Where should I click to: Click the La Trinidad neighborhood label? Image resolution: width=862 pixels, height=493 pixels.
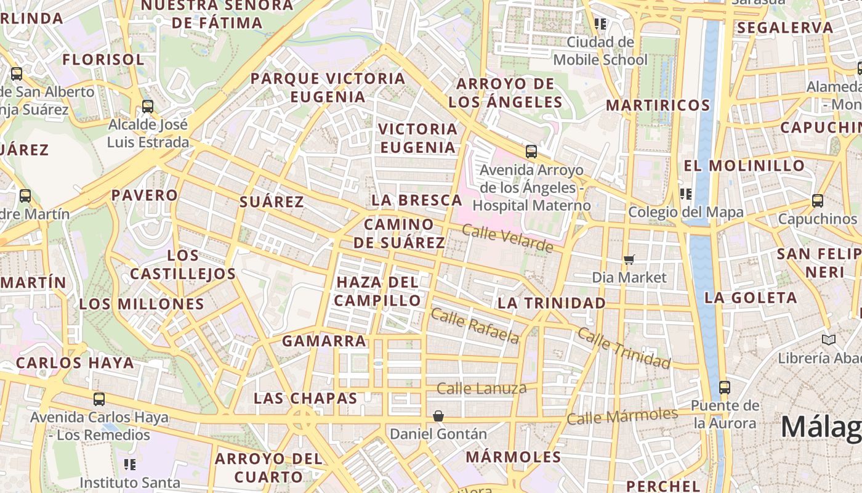pos(552,303)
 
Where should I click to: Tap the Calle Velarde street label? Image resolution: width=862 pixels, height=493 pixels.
pos(507,238)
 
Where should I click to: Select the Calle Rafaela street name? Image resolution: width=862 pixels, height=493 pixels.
pos(475,325)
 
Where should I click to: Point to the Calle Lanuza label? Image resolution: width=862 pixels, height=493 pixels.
pos(481,388)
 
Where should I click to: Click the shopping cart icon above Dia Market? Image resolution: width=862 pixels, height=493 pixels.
pos(629,259)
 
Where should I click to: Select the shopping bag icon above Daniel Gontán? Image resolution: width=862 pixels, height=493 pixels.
pos(438,416)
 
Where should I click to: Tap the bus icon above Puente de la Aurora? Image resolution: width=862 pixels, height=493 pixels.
pos(725,388)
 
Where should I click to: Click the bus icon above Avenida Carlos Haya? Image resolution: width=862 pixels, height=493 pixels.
pos(99,399)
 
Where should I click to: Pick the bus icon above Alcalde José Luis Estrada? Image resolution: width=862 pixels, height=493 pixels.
pos(148,106)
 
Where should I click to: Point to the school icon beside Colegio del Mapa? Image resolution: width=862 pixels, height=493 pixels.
pos(686,194)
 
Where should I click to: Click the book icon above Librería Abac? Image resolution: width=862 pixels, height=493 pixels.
pos(829,340)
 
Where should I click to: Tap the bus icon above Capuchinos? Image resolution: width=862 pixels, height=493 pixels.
pos(817,201)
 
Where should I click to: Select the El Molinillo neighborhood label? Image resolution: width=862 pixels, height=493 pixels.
pos(744,166)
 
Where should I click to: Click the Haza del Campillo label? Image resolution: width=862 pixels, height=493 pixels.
pos(378,291)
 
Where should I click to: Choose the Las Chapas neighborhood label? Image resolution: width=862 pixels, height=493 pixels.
pos(305,398)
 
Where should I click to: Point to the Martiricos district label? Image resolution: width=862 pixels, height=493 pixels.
pos(658,105)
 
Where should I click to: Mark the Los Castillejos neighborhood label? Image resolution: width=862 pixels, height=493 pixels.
pos(183,264)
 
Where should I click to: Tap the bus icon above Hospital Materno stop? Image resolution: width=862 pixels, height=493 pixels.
pos(531,151)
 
